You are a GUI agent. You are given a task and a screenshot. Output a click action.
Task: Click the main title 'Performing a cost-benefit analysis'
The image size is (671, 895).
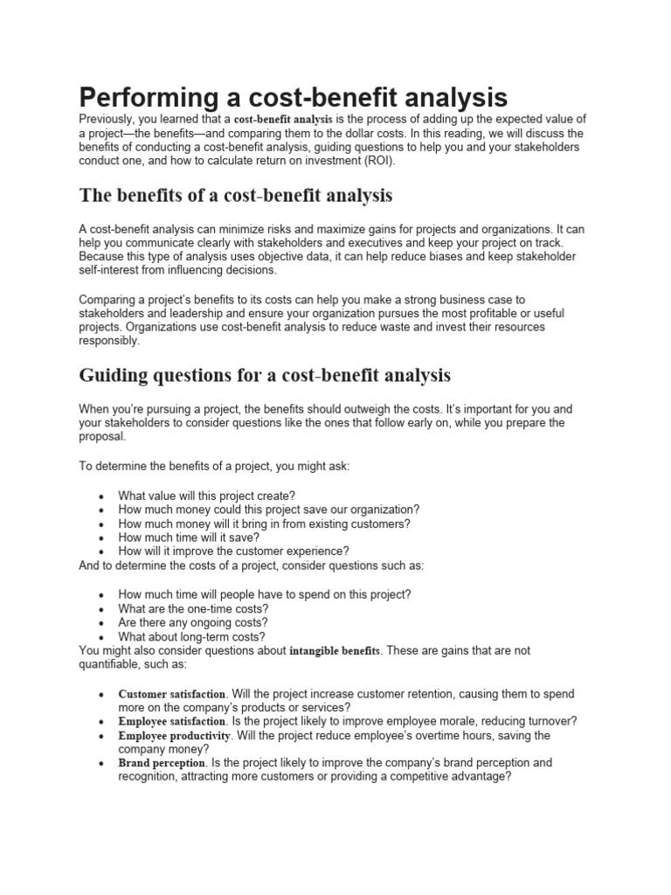click(x=293, y=96)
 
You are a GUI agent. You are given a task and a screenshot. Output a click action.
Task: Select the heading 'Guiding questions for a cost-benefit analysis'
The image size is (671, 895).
click(x=265, y=376)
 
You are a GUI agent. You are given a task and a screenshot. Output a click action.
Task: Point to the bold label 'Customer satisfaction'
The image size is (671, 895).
click(x=171, y=694)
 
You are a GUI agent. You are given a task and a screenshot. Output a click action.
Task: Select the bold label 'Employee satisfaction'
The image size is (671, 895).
click(x=171, y=721)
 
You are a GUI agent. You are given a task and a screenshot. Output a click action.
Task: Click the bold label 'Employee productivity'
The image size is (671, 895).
click(x=173, y=735)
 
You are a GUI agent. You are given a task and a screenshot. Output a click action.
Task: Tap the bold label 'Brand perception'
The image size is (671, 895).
click(x=160, y=762)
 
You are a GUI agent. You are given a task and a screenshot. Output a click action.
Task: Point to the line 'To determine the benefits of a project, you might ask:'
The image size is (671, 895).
click(x=226, y=466)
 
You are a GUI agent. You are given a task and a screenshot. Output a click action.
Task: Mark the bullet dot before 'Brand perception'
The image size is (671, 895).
click(x=103, y=763)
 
